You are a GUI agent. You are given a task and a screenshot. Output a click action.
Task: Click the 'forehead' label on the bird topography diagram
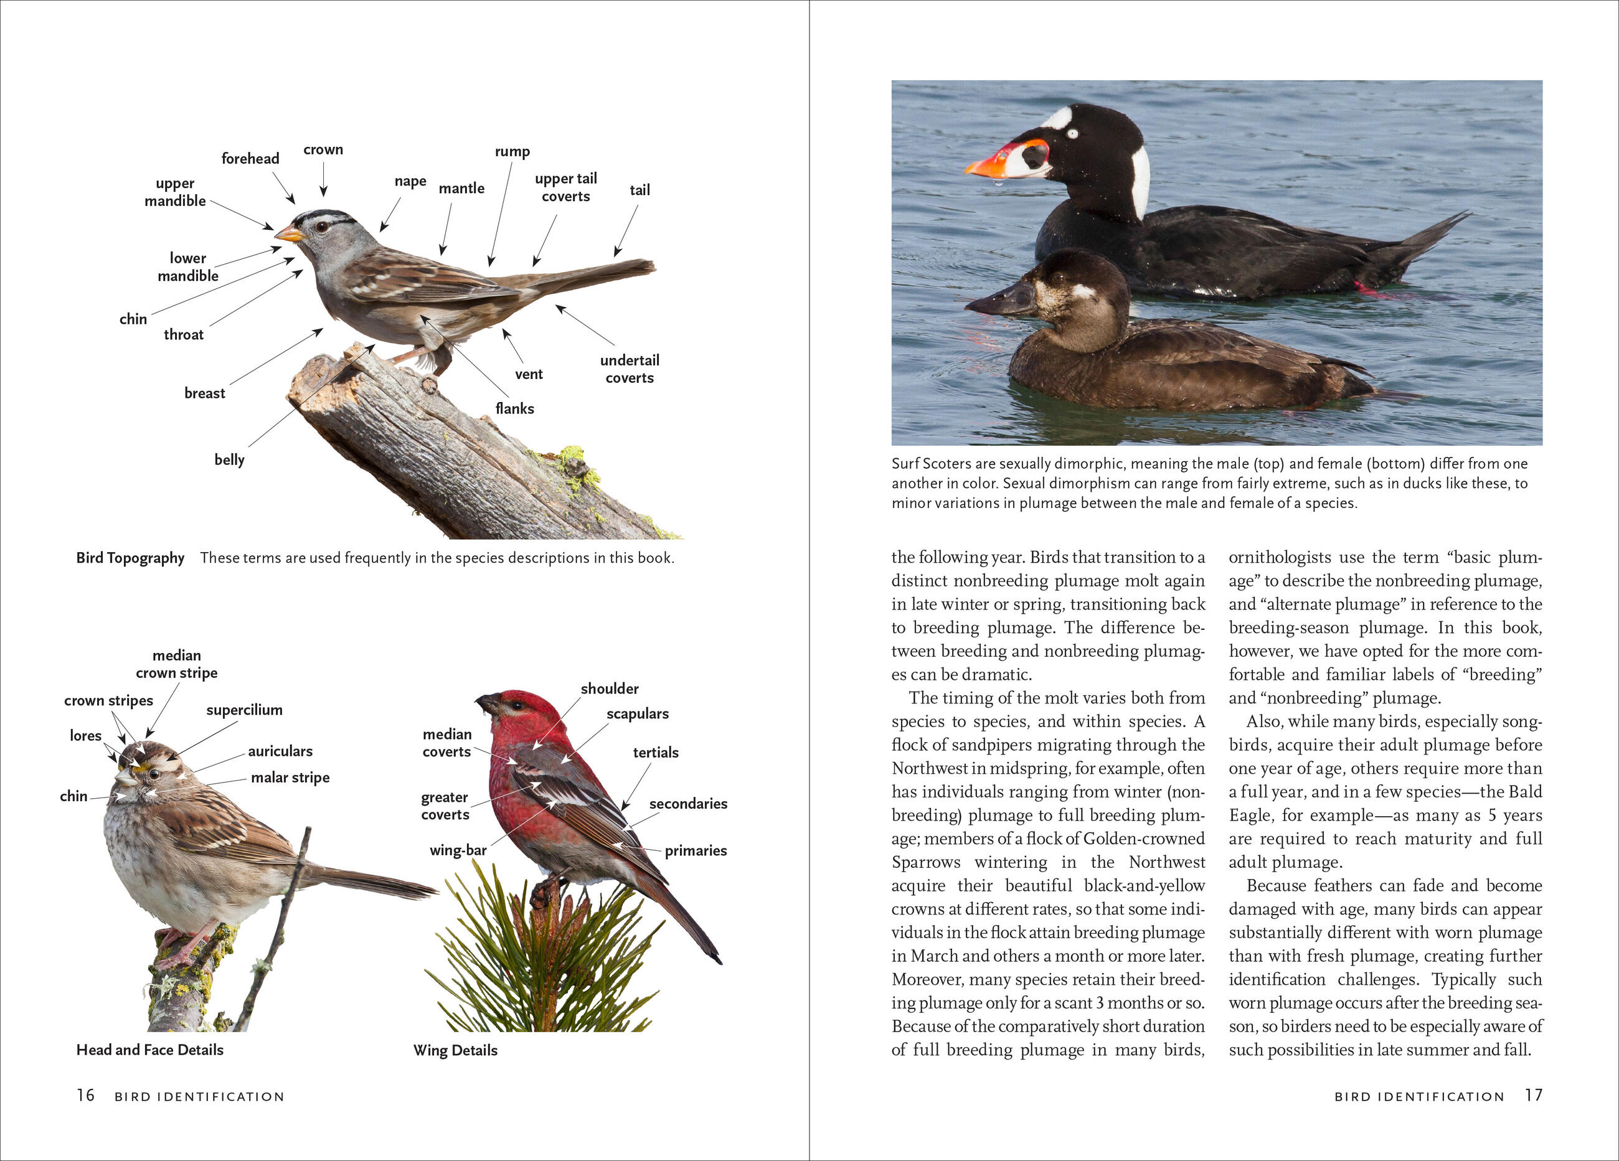pyautogui.click(x=250, y=158)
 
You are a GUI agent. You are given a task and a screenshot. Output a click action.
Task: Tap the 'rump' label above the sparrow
pyautogui.click(x=512, y=151)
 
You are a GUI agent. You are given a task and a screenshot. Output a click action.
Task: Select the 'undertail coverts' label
pyautogui.click(x=629, y=369)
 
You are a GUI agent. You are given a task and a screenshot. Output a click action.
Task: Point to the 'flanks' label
pyautogui.click(x=515, y=408)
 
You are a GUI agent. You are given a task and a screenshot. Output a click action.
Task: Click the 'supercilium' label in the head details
pyautogui.click(x=244, y=710)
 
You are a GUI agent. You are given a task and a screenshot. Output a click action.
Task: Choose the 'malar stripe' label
pyautogui.click(x=290, y=777)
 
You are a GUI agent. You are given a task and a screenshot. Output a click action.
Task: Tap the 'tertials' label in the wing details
pyautogui.click(x=655, y=752)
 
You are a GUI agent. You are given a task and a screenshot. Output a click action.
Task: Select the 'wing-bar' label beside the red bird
pyautogui.click(x=458, y=850)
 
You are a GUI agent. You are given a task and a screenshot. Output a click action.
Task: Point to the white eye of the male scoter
pyautogui.click(x=1071, y=133)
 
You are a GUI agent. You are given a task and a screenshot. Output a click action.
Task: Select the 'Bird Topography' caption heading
pyautogui.click(x=130, y=558)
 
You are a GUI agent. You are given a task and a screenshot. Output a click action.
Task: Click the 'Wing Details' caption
pyautogui.click(x=455, y=1050)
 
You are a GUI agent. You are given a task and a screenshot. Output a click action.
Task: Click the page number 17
pyautogui.click(x=1533, y=1096)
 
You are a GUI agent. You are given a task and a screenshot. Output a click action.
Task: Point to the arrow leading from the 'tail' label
pyautogui.click(x=625, y=230)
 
